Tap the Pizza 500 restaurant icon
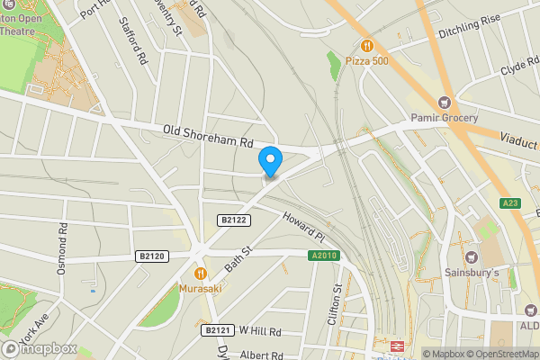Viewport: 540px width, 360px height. [x=366, y=46]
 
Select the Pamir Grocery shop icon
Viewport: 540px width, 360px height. [x=443, y=103]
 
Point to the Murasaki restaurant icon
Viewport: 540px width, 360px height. [x=200, y=273]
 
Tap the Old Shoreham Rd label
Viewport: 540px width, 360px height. [x=209, y=137]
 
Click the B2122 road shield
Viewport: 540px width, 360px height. [x=233, y=220]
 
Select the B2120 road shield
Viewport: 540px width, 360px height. [x=153, y=256]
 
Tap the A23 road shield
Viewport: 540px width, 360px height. [x=510, y=202]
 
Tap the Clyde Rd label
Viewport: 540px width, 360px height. [x=517, y=68]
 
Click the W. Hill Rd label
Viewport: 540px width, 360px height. [x=261, y=331]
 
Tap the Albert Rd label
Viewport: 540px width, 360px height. [x=262, y=355]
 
